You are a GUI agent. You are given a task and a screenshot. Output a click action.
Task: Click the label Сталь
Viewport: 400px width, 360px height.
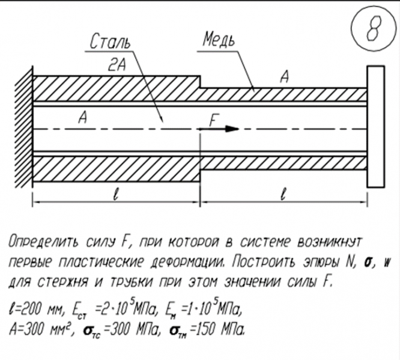[x=110, y=42]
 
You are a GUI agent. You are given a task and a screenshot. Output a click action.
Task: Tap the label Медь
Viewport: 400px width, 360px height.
[x=218, y=40]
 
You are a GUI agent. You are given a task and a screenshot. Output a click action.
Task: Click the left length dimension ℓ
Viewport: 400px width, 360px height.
[x=114, y=194]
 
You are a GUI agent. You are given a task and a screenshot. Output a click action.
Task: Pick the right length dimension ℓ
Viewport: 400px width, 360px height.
[x=282, y=194]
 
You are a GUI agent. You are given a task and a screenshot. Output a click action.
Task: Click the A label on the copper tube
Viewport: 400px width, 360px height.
[x=285, y=77]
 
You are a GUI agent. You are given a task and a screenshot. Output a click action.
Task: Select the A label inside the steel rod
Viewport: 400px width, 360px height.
[x=83, y=119]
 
